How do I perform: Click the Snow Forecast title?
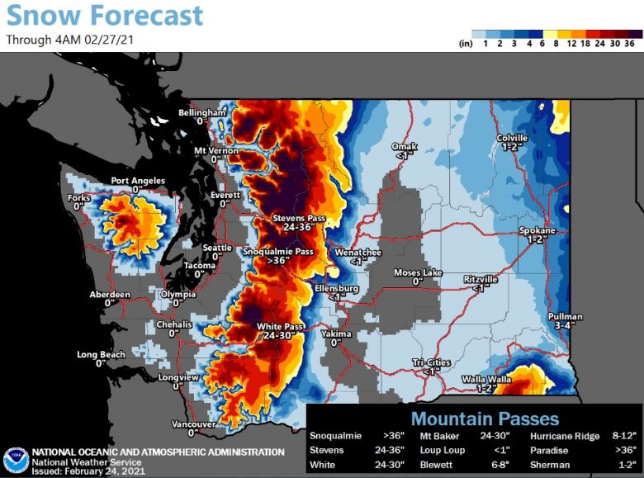tap(104, 15)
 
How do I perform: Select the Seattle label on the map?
tap(218, 248)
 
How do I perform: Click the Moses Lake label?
tap(418, 272)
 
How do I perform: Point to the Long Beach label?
tap(101, 355)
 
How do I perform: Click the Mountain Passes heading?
tap(485, 419)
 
